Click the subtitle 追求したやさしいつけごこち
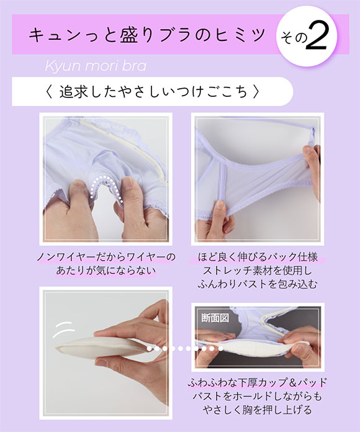(x=151, y=92)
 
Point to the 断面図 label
(x=214, y=317)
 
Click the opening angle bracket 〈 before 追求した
(x=49, y=92)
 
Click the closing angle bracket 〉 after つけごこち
(x=256, y=92)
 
